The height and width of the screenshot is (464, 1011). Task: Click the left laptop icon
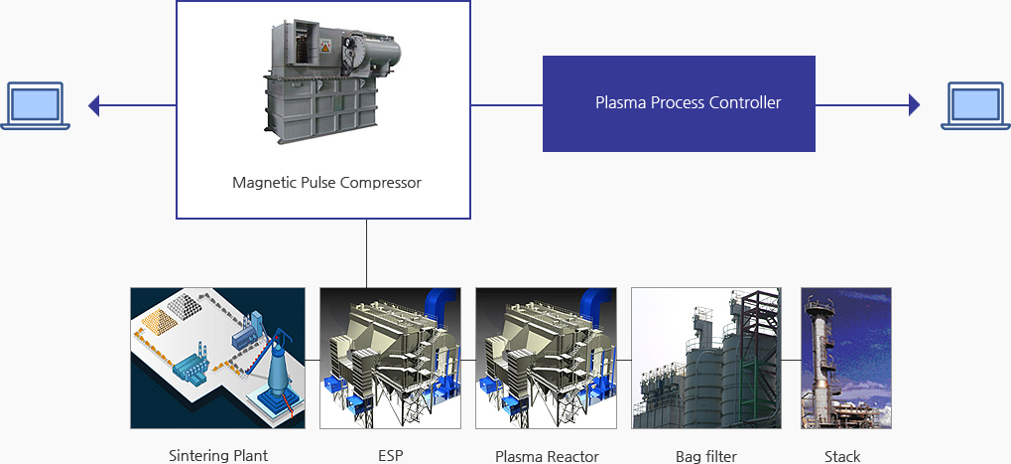[x=36, y=104]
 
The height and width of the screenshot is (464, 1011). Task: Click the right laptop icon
[x=974, y=104]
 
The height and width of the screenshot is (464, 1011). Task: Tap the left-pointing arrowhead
[x=93, y=104]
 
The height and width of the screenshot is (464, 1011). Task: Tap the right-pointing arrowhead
[x=914, y=104]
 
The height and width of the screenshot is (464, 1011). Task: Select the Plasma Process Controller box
[x=679, y=103]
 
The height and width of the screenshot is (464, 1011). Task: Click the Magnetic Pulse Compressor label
[x=326, y=183]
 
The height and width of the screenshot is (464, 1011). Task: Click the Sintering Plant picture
[x=217, y=358]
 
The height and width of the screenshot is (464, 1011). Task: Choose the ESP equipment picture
[x=390, y=358]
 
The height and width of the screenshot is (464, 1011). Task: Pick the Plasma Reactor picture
[x=546, y=358]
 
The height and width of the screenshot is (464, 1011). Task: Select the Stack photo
[x=845, y=358]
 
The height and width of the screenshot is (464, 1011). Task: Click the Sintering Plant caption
[x=218, y=456]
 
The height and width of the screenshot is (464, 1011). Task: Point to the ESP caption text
[x=390, y=456]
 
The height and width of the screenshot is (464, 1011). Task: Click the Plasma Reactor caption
[x=547, y=456]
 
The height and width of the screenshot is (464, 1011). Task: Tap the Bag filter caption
[x=705, y=456]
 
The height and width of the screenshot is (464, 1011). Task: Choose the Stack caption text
[x=842, y=456]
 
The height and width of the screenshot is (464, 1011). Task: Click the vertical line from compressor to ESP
[x=366, y=253]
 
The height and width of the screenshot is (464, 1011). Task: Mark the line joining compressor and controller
[x=506, y=104]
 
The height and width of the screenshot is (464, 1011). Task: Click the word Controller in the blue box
[x=745, y=102]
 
